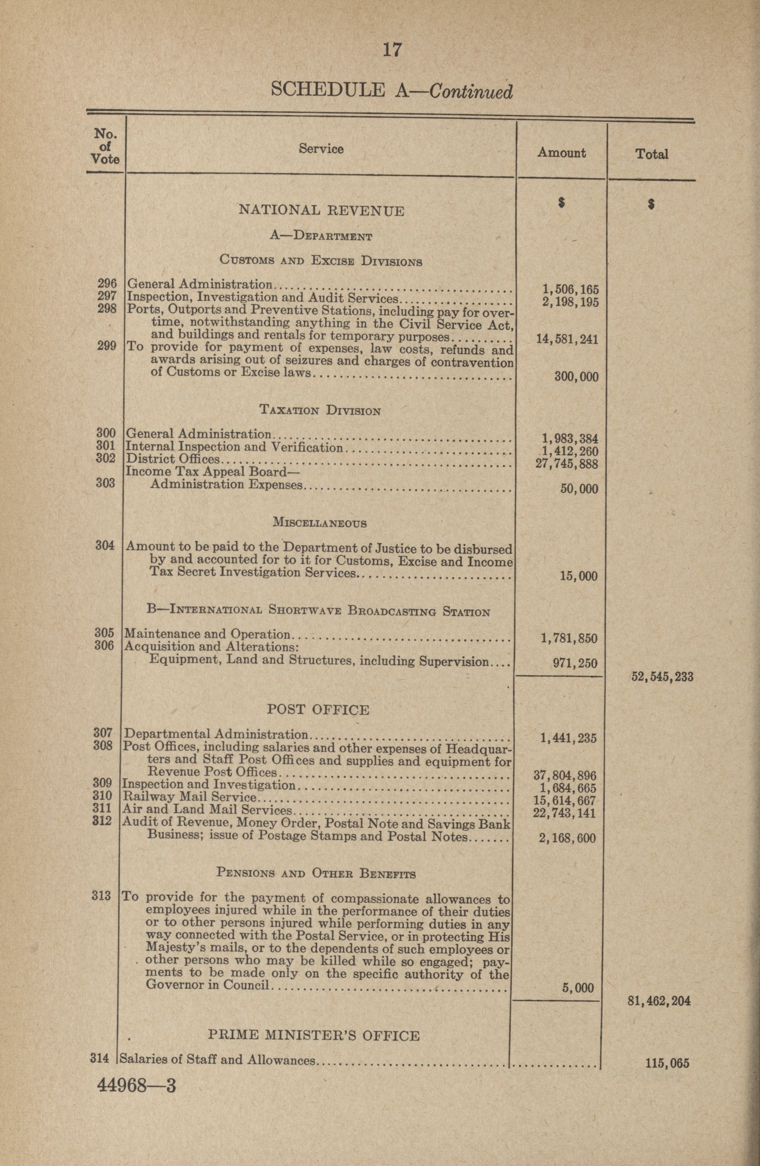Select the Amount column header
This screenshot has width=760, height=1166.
pos(561,153)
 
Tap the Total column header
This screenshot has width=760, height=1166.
pos(652,154)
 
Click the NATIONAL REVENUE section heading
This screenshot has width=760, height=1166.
pos(321,211)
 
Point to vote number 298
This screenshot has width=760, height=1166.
pos(107,309)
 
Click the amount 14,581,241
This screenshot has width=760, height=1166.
pos(567,339)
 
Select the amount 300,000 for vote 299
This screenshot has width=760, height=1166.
pos(576,377)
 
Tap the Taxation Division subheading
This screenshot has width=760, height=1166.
pos(320,411)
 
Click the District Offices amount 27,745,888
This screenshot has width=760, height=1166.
pos(567,463)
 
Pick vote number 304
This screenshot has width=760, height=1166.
pos(105,545)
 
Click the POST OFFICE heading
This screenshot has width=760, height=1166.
pos(318,709)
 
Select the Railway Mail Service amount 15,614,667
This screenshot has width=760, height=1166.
pos(564,800)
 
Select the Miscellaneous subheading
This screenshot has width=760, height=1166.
pos(319,523)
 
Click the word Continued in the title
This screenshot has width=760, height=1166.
pos(471,91)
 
